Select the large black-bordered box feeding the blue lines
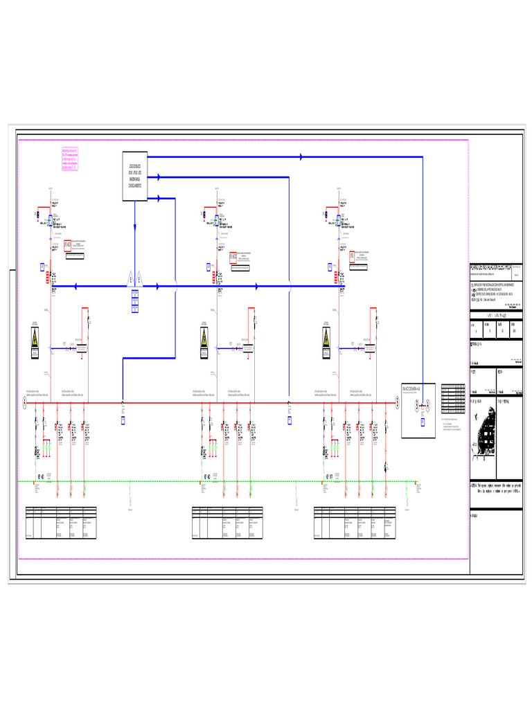click(134, 176)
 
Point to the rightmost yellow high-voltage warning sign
click(326, 340)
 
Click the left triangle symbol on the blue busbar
click(130, 278)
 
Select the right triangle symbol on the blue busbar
click(139, 278)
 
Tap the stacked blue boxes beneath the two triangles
click(134, 301)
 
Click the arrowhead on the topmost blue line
click(301, 157)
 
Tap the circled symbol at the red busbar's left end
click(24, 402)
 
